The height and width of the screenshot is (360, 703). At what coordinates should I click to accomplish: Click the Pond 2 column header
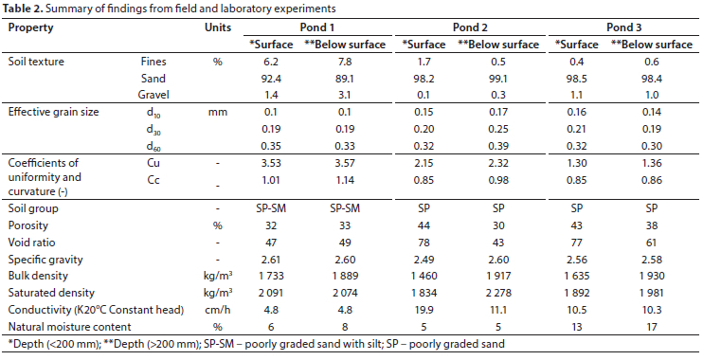pos(470,27)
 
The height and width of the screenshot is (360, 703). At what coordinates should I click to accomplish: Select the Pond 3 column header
pos(623,27)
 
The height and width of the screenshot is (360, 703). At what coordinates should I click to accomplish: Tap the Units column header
pos(218,27)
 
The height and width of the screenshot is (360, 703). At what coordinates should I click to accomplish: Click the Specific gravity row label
pos(45,260)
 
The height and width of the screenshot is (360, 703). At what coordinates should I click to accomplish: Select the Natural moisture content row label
pos(69,327)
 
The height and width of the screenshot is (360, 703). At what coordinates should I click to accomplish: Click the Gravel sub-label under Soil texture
pos(153,95)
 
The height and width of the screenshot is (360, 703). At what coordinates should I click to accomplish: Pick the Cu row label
pos(153,163)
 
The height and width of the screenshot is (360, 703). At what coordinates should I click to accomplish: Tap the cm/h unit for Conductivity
pos(218,310)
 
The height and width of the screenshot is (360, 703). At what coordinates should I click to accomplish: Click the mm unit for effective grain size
pos(218,112)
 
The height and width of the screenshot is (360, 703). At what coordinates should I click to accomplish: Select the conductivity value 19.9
pos(424,310)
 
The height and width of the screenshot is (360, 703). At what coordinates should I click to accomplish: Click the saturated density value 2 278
pos(498,293)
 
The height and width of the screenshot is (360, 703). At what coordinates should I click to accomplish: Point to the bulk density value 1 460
pos(424,277)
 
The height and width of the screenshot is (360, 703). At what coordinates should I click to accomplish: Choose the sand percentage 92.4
pos(271,79)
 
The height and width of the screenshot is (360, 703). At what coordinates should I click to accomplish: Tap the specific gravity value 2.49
pos(424,260)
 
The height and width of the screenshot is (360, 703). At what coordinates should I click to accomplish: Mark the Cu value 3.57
pos(345,163)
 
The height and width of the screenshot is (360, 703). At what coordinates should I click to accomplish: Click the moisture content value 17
pos(651,327)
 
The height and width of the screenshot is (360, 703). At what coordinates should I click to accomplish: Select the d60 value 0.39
pos(498,146)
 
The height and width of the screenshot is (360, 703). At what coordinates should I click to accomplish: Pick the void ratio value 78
pos(424,243)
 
